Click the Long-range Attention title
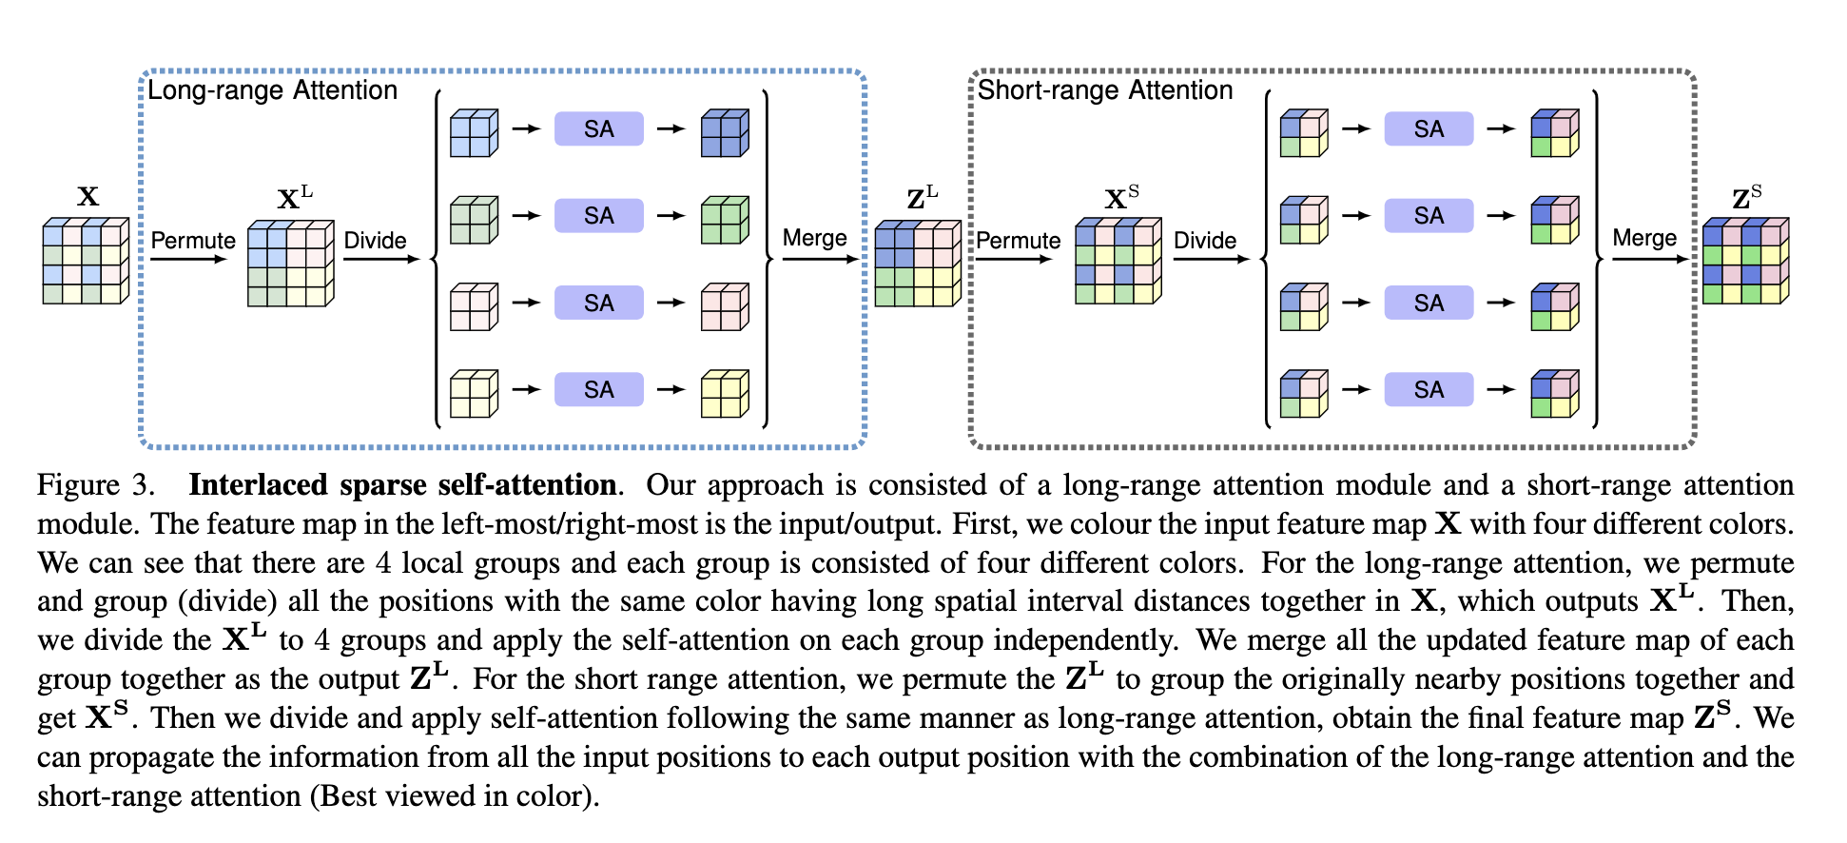(272, 90)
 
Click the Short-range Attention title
(1104, 90)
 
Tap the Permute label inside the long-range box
(193, 241)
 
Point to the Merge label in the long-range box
(814, 238)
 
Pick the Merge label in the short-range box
(1644, 238)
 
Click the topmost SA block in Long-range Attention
(599, 129)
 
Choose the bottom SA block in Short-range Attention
(1429, 389)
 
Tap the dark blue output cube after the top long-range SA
(725, 132)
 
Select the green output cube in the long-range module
(725, 220)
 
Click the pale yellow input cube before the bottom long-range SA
(474, 393)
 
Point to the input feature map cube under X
(86, 261)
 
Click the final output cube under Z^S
(1745, 261)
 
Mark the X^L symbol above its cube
(294, 199)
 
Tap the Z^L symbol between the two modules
(922, 199)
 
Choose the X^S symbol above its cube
(1121, 199)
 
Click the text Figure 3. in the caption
(95, 485)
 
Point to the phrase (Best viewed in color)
(455, 795)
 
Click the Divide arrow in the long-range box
(380, 259)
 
